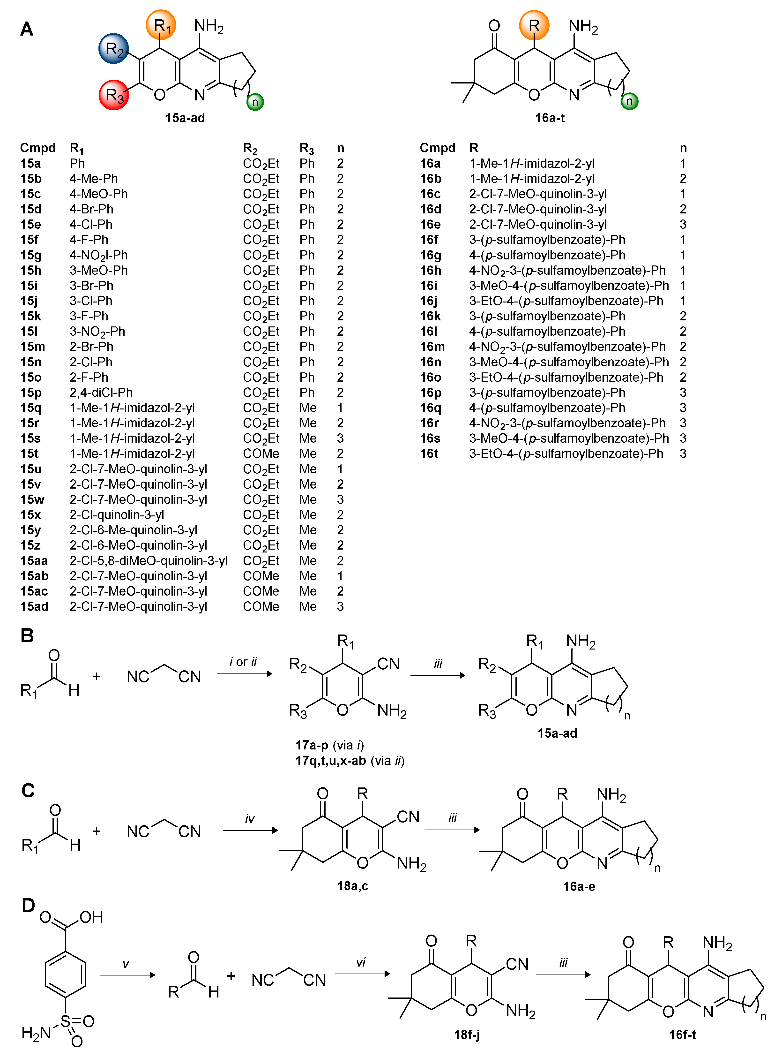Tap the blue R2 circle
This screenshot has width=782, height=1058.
tap(114, 48)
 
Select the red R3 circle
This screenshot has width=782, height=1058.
tap(114, 95)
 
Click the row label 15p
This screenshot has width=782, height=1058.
tap(31, 393)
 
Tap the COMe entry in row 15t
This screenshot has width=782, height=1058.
tap(261, 454)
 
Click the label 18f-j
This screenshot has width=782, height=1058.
tap(467, 1035)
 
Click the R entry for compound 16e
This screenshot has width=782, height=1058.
tap(538, 225)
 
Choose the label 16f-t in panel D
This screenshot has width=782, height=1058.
tap(683, 1035)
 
